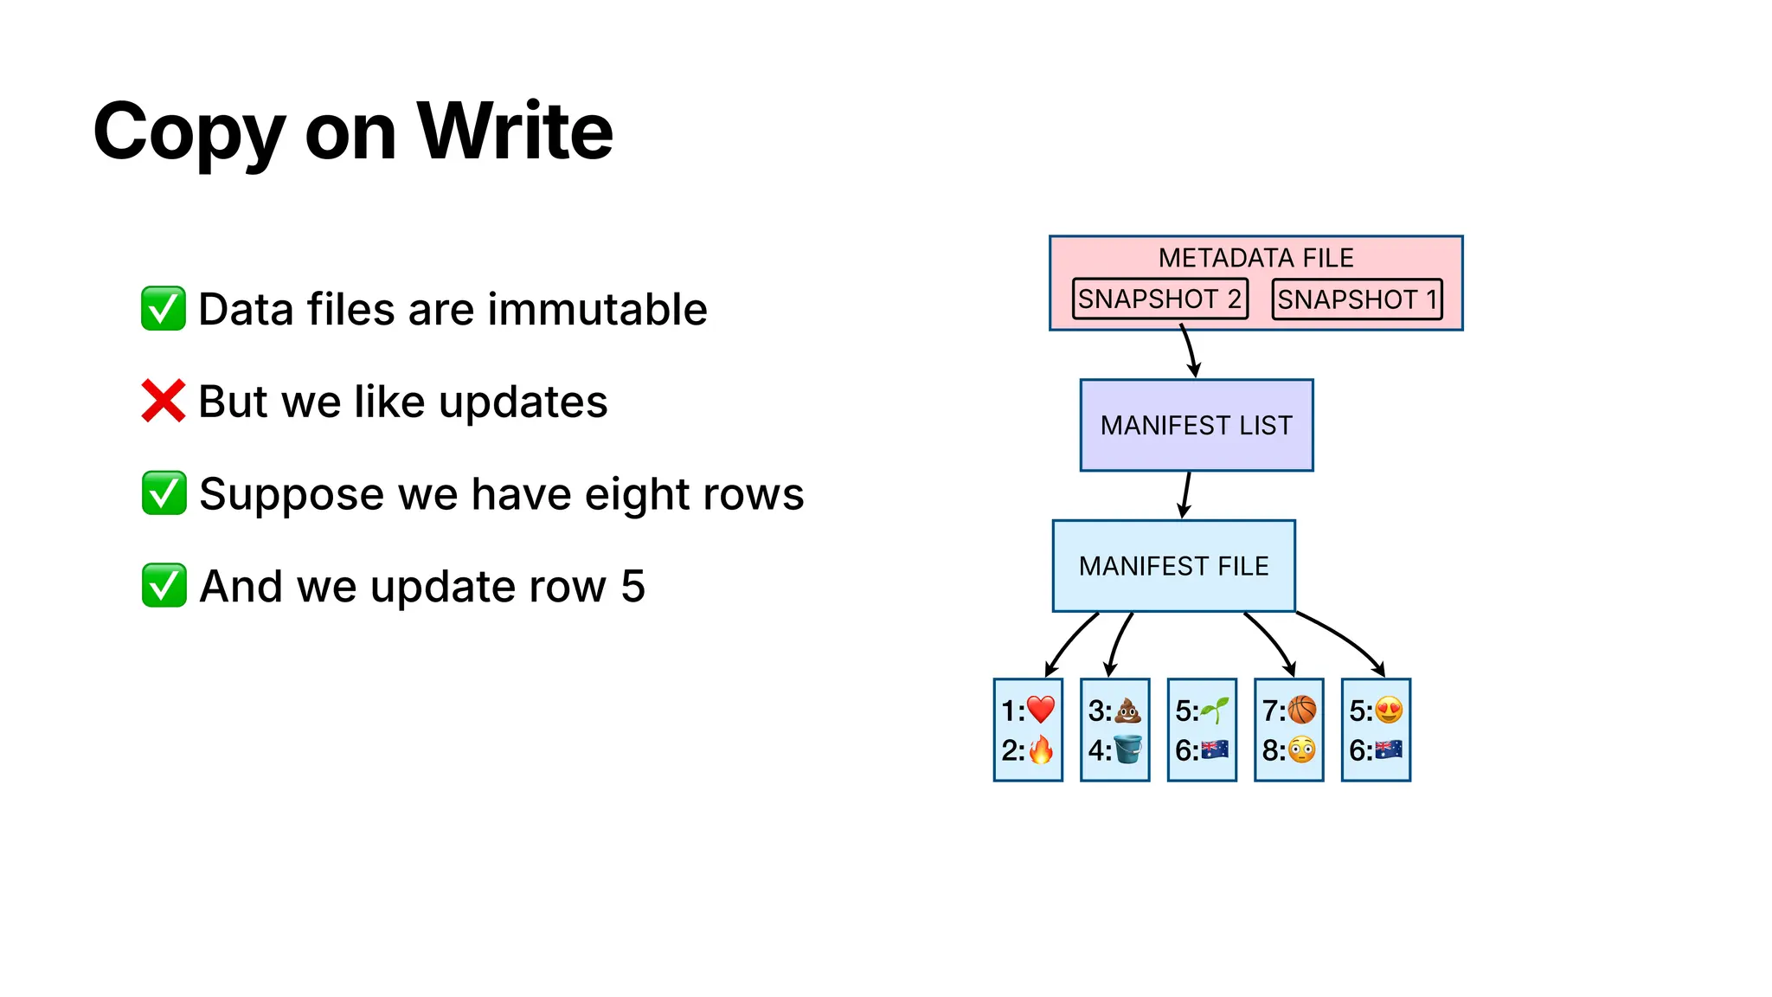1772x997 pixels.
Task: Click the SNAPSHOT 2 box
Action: click(1159, 299)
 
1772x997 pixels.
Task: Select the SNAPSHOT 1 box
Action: click(1357, 299)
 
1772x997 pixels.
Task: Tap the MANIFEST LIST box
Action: click(1196, 425)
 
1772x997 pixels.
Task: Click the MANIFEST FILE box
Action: click(1173, 566)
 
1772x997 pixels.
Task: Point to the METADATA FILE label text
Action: click(1255, 258)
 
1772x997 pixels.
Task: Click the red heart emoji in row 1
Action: click(1041, 710)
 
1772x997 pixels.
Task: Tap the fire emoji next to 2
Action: click(1041, 749)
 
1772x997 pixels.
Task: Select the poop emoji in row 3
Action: click(1128, 711)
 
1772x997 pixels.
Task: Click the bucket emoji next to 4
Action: click(1128, 749)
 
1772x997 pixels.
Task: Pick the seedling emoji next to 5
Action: click(1215, 711)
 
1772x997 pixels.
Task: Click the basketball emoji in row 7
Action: click(1302, 711)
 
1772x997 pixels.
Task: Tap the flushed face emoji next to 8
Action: click(1302, 749)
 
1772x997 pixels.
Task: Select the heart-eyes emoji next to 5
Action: click(1390, 711)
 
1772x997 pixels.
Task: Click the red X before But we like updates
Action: click(163, 401)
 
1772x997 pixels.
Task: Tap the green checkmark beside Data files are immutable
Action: click(163, 309)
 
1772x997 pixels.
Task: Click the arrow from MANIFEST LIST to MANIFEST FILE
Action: click(1186, 495)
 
